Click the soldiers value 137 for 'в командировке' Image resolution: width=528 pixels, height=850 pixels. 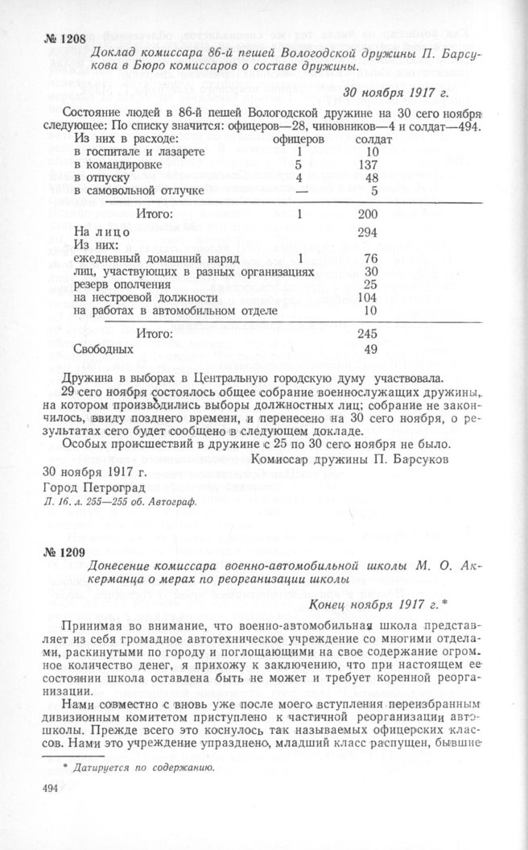coord(370,164)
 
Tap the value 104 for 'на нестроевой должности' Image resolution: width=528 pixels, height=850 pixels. coord(370,297)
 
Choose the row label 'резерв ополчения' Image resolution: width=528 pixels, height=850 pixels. coord(121,284)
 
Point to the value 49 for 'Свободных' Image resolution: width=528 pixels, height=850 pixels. coord(371,350)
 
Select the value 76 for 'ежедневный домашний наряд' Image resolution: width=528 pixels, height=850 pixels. coord(371,259)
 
